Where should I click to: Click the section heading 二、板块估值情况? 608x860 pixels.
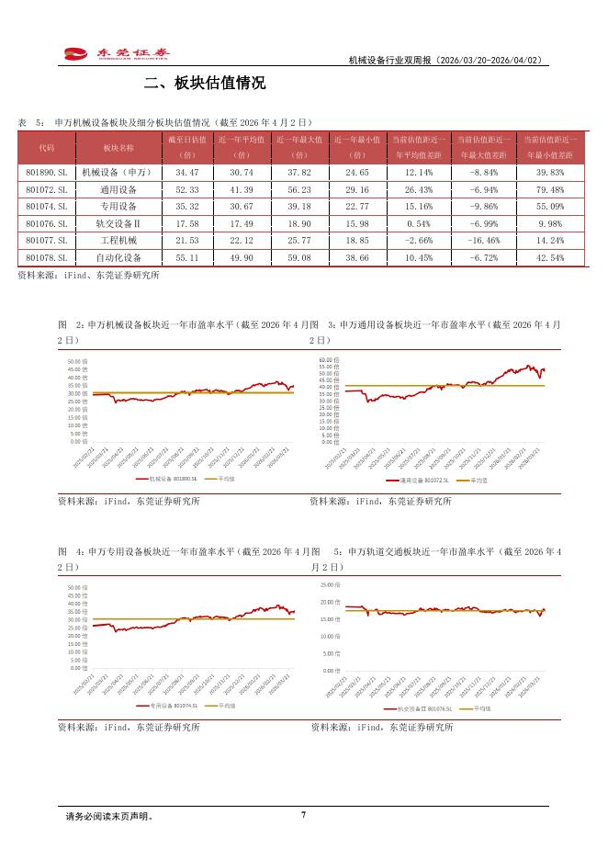click(205, 84)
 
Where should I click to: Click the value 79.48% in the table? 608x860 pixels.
click(549, 189)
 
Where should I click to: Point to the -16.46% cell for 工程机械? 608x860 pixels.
click(483, 240)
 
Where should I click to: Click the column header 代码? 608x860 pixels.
click(46, 147)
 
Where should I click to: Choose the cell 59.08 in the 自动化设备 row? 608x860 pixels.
click(299, 257)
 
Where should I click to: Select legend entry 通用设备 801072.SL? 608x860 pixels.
click(423, 480)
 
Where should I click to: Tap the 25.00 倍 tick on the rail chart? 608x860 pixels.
click(329, 584)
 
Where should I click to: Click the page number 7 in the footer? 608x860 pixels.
click(303, 814)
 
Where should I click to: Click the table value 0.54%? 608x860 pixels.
click(418, 223)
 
